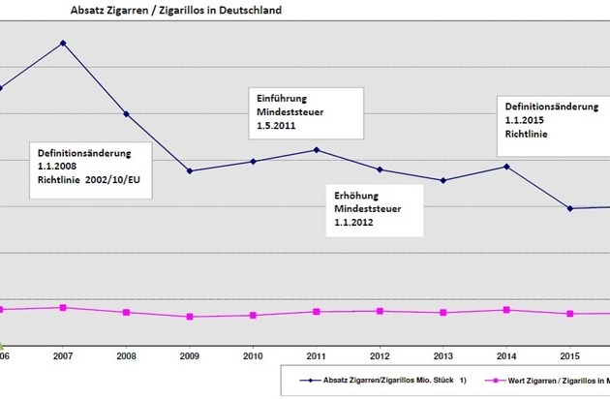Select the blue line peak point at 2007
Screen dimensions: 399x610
[63, 44]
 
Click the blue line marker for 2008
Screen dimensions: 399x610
[126, 114]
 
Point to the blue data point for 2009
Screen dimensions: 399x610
[190, 171]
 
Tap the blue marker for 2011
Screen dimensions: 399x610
[317, 149]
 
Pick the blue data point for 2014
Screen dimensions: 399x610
[506, 167]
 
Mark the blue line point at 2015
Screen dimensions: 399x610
[570, 208]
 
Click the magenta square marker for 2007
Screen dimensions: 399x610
[63, 307]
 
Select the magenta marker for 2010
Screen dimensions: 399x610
[253, 315]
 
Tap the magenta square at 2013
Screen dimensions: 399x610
[443, 312]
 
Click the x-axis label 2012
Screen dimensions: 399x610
[380, 354]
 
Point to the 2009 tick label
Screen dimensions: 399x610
[190, 354]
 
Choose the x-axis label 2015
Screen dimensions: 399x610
[570, 354]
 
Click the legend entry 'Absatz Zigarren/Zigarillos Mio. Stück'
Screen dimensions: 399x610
[387, 381]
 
